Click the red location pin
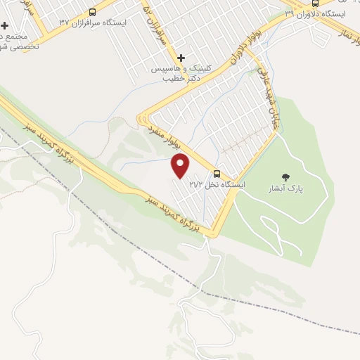181,166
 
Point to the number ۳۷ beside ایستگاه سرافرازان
65,22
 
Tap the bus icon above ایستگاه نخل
216,174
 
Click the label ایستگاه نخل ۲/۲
217,184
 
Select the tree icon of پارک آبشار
285,177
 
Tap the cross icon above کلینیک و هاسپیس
181,58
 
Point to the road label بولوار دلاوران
242,53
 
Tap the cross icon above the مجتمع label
4,25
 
